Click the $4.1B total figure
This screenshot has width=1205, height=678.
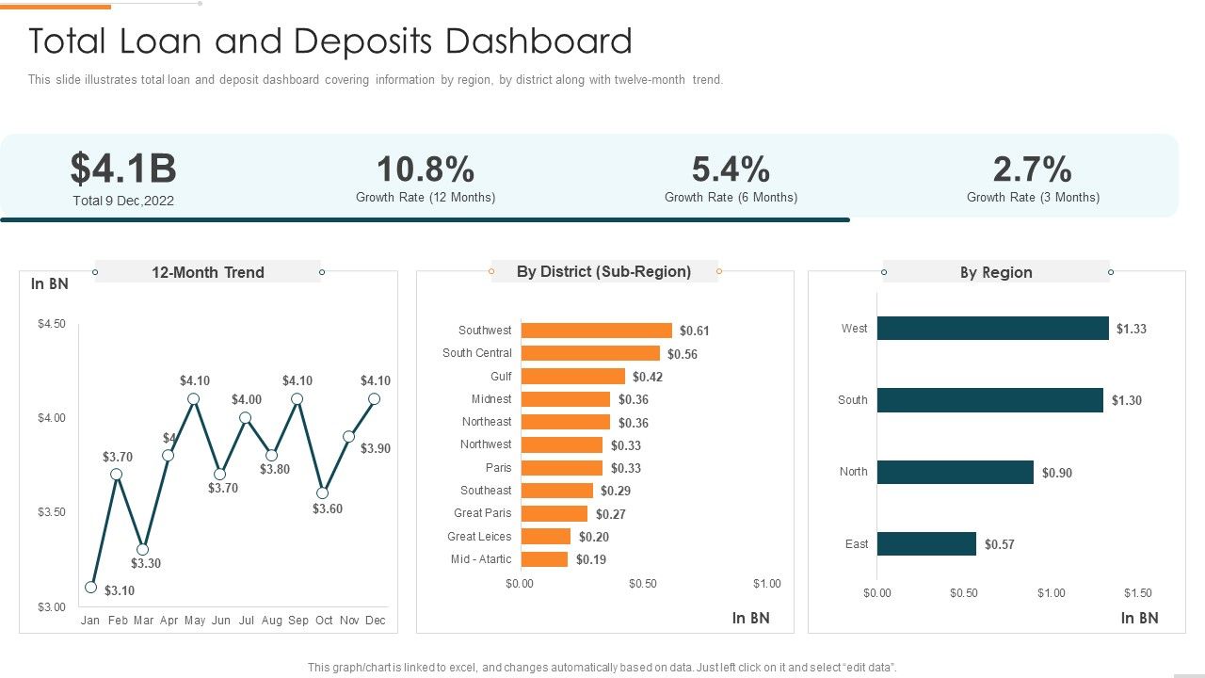coord(123,169)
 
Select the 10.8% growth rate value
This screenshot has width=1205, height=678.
coord(426,169)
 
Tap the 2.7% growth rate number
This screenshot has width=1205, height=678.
coord(1033,169)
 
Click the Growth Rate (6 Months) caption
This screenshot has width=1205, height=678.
coord(731,198)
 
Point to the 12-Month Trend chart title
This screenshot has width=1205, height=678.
coord(208,272)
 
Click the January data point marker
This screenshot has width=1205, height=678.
coord(91,587)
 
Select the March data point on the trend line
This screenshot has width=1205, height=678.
coord(142,549)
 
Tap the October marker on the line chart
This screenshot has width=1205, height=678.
coord(323,492)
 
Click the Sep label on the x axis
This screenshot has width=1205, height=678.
coord(297,621)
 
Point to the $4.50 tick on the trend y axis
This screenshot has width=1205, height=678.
coord(52,324)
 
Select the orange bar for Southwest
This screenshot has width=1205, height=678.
coord(596,331)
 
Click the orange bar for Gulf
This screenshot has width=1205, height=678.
coord(572,377)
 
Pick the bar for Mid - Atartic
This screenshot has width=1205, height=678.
coord(544,559)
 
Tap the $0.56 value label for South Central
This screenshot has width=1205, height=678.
coord(683,354)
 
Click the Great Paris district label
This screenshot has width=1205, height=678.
coord(482,513)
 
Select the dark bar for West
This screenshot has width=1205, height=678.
coord(992,329)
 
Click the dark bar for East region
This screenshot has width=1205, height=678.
coord(926,544)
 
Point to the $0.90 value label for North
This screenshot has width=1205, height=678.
coord(1056,473)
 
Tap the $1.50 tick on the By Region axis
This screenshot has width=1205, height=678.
coord(1137,593)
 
